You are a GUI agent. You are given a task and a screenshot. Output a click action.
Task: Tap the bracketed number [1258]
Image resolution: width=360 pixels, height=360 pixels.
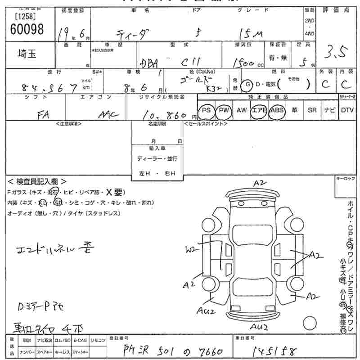26,17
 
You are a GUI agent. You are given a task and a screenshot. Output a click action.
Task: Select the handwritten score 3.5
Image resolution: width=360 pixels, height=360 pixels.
336,54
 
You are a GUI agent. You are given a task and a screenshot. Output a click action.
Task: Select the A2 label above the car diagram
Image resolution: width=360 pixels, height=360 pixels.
260,183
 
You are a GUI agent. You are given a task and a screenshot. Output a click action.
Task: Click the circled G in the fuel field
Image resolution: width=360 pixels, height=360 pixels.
247,84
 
